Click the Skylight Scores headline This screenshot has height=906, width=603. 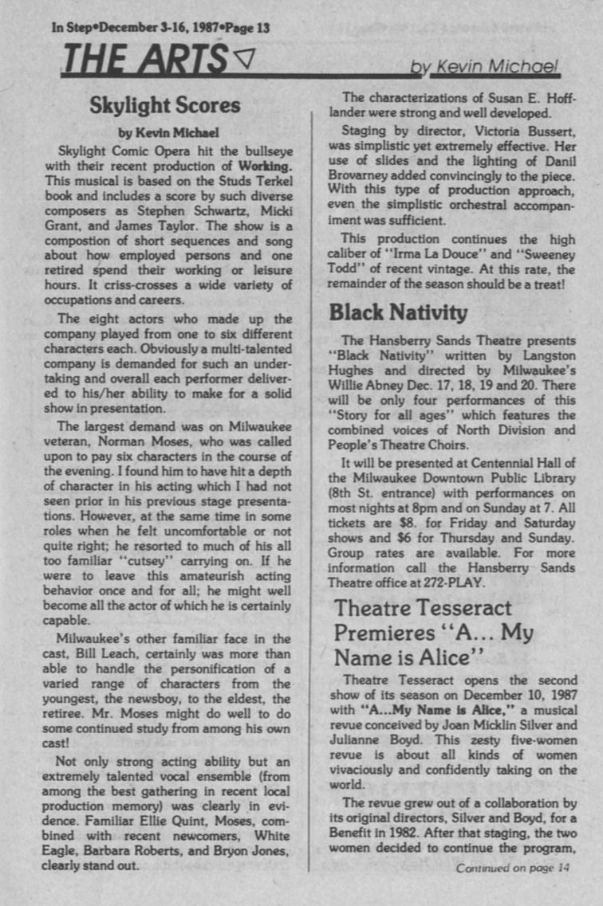coord(164,105)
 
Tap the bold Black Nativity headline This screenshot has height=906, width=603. coord(398,312)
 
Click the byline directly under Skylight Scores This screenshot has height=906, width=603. coord(164,131)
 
